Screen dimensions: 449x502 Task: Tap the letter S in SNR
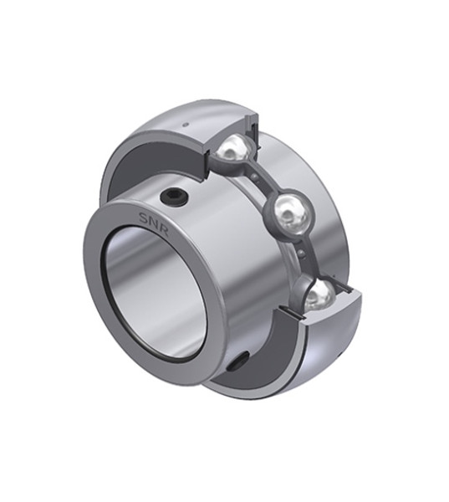(x=143, y=217)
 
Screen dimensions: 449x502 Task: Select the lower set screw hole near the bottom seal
(x=240, y=361)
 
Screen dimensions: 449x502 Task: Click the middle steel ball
(x=290, y=213)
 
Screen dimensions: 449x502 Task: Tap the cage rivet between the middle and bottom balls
(x=301, y=254)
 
